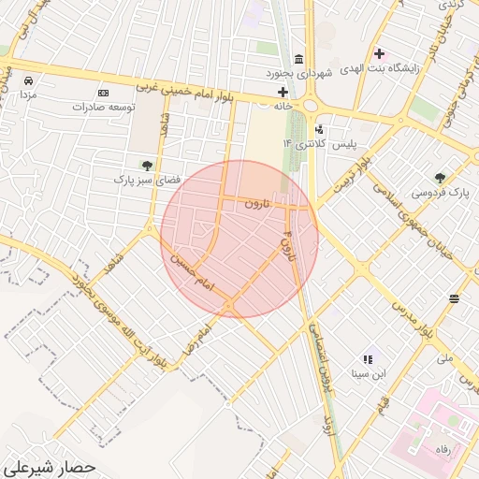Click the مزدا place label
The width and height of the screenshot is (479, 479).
(x=27, y=95)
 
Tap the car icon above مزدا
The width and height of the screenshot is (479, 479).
(x=29, y=80)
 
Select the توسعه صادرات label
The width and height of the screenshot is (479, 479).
(x=103, y=107)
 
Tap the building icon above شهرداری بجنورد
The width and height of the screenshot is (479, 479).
(x=298, y=58)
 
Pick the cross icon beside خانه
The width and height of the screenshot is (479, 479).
(x=283, y=92)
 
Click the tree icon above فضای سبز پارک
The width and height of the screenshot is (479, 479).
(x=146, y=166)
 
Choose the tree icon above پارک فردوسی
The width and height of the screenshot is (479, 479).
(x=441, y=177)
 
